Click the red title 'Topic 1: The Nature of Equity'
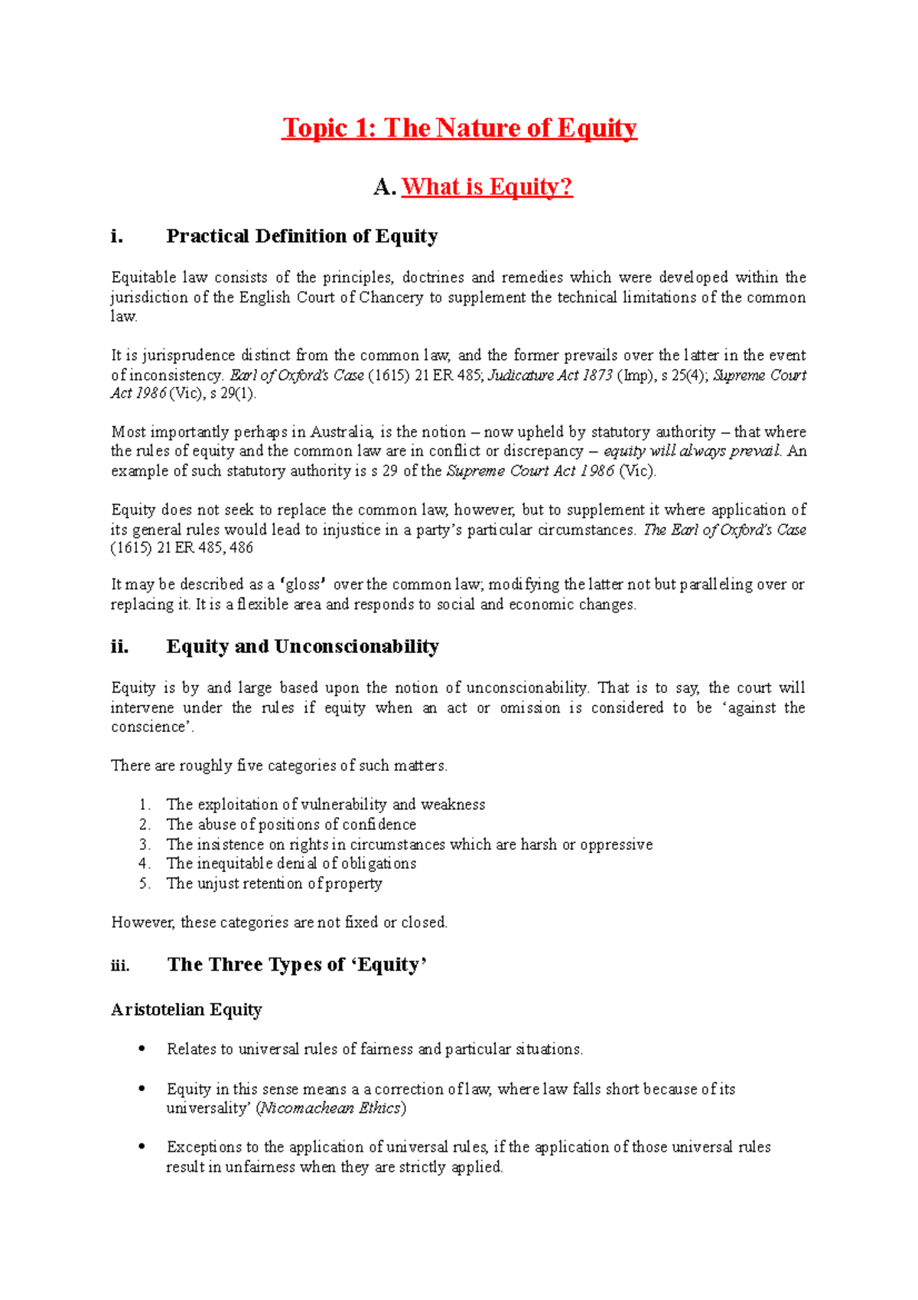pyautogui.click(x=459, y=128)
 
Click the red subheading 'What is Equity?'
pyautogui.click(x=487, y=187)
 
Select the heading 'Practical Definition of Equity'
pyautogui.click(x=301, y=236)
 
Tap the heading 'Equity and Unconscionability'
pyautogui.click(x=302, y=646)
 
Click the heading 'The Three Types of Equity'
pyautogui.click(x=296, y=965)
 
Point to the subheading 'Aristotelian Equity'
pyautogui.click(x=186, y=1010)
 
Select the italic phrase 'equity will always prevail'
pyautogui.click(x=692, y=451)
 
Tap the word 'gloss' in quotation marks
pyautogui.click(x=304, y=585)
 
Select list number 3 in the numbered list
pyautogui.click(x=145, y=844)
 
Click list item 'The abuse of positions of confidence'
pyautogui.click(x=291, y=825)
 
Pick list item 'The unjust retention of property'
pyautogui.click(x=274, y=884)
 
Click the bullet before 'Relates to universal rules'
pyautogui.click(x=141, y=1049)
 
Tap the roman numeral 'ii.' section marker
pyautogui.click(x=119, y=646)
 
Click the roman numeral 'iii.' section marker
pyautogui.click(x=120, y=965)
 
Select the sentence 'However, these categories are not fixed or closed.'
pyautogui.click(x=279, y=923)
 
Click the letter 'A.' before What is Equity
pyautogui.click(x=385, y=187)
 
